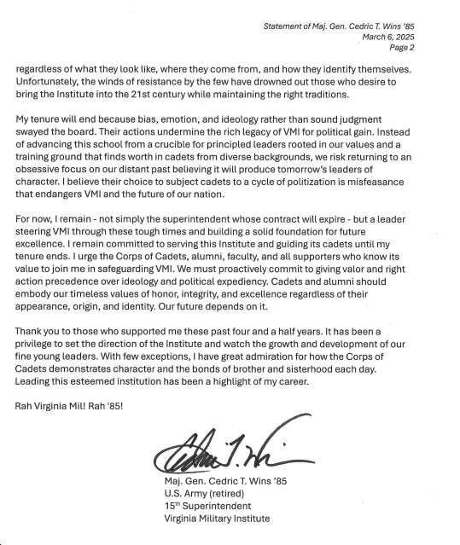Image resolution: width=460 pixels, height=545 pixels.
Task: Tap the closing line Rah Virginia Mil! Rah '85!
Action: click(x=69, y=404)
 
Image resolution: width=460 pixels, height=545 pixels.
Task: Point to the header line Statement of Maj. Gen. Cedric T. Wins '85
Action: click(x=351, y=27)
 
